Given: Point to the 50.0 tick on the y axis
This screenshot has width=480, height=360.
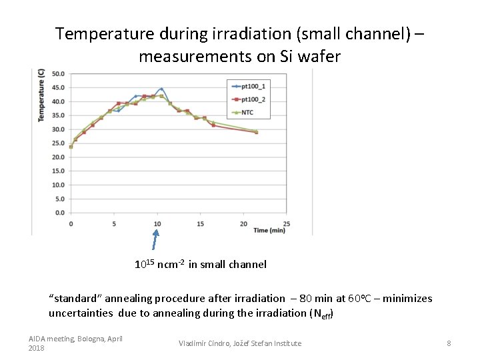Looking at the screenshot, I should tap(58, 74).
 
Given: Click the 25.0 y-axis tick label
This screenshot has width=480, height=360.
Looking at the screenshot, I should tap(58, 143).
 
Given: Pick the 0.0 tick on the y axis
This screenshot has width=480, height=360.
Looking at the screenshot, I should tap(60, 213).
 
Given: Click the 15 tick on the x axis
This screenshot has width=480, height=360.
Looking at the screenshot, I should tap(200, 223).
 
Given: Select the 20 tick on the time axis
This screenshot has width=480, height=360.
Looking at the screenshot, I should tap(243, 223).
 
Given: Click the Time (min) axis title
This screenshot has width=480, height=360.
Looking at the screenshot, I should tap(269, 230).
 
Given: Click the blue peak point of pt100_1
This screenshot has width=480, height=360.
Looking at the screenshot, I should tap(161, 89).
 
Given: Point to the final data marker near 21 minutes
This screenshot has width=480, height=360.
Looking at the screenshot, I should tap(256, 132).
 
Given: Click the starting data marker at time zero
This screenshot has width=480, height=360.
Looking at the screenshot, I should tap(71, 147).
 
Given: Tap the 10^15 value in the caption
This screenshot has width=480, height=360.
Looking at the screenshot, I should tap(145, 264).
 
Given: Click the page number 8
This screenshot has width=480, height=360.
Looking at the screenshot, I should tap(449, 343).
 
